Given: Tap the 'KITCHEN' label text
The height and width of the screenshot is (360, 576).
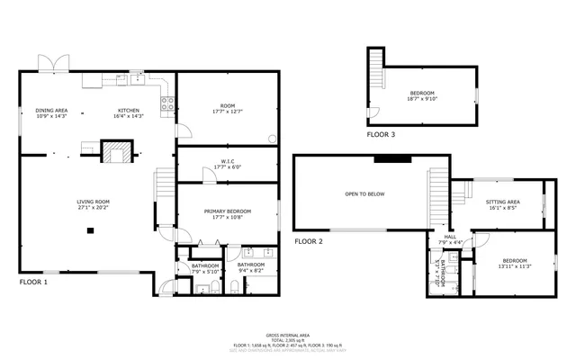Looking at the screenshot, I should coord(129,111).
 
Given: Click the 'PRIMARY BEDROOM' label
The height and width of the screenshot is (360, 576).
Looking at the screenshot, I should coord(227,211).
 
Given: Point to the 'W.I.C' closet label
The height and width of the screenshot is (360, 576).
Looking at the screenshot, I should coord(227,162).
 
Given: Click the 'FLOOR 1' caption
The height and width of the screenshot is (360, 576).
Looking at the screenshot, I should coord(34,282).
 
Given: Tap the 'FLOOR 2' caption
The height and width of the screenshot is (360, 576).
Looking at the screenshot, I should coord(309,241).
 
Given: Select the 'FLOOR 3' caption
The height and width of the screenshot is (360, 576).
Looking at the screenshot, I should coord(381,134).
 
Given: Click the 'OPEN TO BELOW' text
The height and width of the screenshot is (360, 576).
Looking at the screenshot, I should coord(364,193).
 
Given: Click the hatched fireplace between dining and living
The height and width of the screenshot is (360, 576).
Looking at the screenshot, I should coord(114,152).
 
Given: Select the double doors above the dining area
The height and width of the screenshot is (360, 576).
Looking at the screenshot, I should coord(53,64).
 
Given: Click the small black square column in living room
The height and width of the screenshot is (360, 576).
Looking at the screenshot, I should coord(90,230).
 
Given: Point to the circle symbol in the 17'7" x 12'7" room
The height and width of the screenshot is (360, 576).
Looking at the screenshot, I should coord(273,139).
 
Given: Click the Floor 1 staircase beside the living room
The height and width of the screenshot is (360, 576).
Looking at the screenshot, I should coord(164,186).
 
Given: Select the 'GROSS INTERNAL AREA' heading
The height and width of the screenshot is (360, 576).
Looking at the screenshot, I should coord(288,334).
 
